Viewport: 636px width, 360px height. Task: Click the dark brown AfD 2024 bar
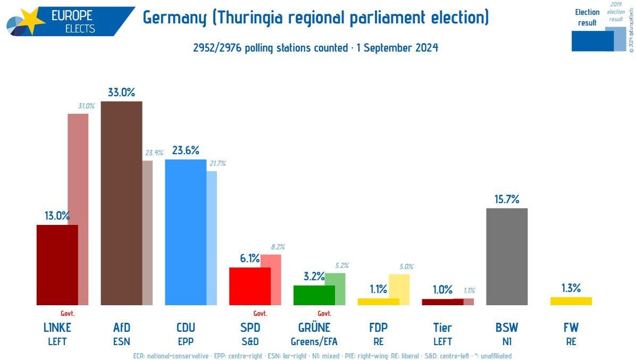click(121, 202)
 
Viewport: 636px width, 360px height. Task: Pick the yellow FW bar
click(571, 301)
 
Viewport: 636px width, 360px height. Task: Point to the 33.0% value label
click(121, 92)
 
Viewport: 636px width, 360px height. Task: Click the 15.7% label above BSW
click(506, 199)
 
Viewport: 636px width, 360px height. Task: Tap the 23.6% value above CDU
click(186, 150)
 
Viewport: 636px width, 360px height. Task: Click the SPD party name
click(250, 328)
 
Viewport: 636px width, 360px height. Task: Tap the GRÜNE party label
click(314, 328)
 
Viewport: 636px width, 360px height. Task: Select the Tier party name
click(442, 328)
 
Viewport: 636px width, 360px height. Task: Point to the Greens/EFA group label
click(314, 341)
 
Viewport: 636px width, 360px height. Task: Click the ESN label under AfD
click(121, 341)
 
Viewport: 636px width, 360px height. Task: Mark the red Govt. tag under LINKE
click(68, 313)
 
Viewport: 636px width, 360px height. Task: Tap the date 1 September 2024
click(397, 48)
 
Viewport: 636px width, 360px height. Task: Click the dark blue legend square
click(592, 41)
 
